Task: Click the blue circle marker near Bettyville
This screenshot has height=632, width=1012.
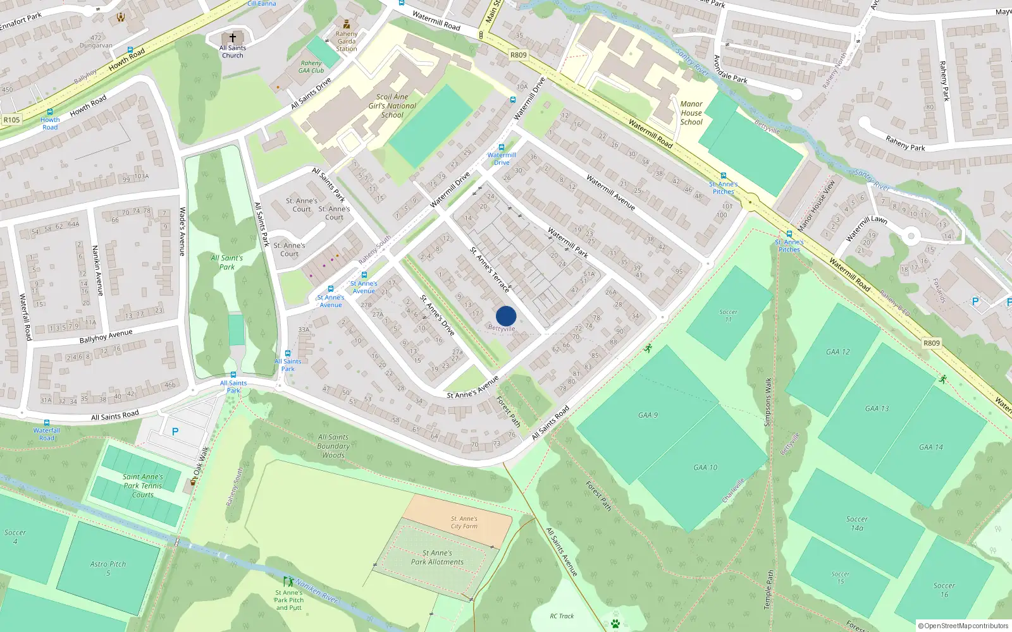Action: [506, 316]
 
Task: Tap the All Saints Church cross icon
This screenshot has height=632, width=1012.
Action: [233, 38]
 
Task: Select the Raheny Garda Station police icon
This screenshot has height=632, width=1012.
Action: [347, 25]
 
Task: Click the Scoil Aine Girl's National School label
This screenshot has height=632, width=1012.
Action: [392, 106]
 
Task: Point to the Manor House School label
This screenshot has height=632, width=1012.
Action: [691, 113]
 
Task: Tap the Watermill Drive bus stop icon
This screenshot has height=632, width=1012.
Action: [502, 147]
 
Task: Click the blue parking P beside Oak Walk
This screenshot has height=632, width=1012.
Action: [175, 432]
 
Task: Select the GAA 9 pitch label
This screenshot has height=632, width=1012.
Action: [648, 415]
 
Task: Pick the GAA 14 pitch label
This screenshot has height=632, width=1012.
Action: [930, 447]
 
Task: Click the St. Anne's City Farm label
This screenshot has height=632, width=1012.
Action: [464, 522]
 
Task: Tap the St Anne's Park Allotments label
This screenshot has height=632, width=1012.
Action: [437, 557]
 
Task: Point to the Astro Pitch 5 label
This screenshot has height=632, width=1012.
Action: [108, 568]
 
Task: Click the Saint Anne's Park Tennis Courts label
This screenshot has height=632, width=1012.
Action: [143, 485]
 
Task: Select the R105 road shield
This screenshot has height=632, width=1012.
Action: [11, 119]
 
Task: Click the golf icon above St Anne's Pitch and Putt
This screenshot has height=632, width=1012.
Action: [288, 581]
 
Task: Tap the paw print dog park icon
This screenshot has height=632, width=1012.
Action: [615, 624]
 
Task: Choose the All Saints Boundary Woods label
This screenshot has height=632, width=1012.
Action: [333, 446]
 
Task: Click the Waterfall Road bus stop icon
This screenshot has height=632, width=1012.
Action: [46, 423]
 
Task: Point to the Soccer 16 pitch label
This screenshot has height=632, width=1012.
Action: [944, 590]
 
